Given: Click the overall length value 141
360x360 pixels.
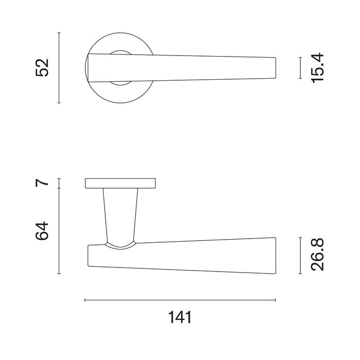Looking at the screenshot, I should (179, 317).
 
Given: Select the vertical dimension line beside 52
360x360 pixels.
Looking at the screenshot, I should (60, 67).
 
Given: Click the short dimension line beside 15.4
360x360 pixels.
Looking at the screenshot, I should (300, 68).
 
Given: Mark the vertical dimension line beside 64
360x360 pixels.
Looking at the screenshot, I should (60, 231).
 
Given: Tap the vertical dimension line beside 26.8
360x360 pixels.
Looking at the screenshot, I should (300, 256).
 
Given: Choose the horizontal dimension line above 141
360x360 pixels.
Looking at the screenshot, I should (179, 300).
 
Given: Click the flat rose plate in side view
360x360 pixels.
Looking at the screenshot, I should (120, 183).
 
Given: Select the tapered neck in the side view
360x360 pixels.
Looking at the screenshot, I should (120, 213).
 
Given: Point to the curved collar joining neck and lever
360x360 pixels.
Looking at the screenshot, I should (120, 245).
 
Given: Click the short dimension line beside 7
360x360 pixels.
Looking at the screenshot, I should (60, 183).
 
